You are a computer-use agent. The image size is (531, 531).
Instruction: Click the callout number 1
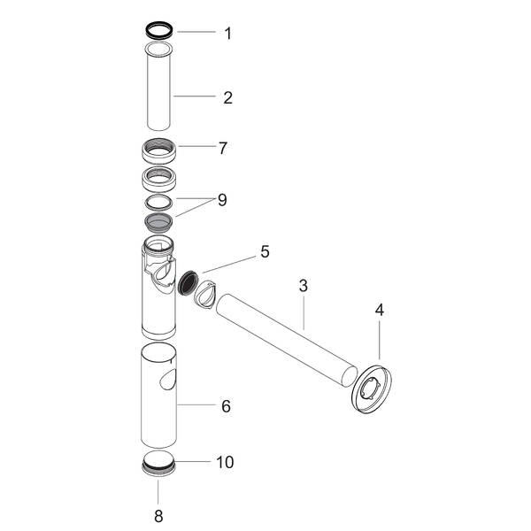click(x=227, y=35)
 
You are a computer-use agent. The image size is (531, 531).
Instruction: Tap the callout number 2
click(x=227, y=97)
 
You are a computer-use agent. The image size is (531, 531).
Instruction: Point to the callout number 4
click(x=380, y=311)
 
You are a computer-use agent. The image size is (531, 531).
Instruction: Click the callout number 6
click(x=226, y=406)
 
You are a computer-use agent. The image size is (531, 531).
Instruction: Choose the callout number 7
click(x=224, y=147)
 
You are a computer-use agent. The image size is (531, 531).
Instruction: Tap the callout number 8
click(x=158, y=514)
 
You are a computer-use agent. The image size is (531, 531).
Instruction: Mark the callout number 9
click(x=221, y=200)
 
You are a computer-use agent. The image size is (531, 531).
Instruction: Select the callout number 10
click(x=226, y=462)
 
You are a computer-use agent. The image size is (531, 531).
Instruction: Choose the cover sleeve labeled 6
click(x=155, y=398)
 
